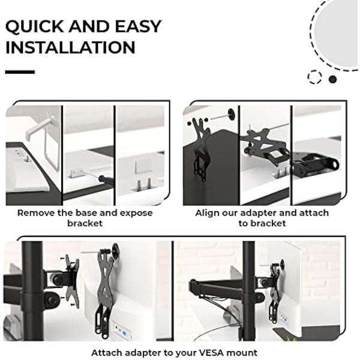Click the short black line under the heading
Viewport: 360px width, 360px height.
[20, 72]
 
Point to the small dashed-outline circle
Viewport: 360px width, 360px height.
[314, 77]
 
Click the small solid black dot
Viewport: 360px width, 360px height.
[332, 79]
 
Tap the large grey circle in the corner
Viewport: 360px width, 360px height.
[339, 30]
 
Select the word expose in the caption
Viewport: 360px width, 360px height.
[136, 213]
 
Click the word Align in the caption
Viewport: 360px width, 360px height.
[208, 213]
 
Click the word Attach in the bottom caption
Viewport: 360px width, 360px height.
[106, 352]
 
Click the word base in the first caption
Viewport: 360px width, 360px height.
[91, 213]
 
